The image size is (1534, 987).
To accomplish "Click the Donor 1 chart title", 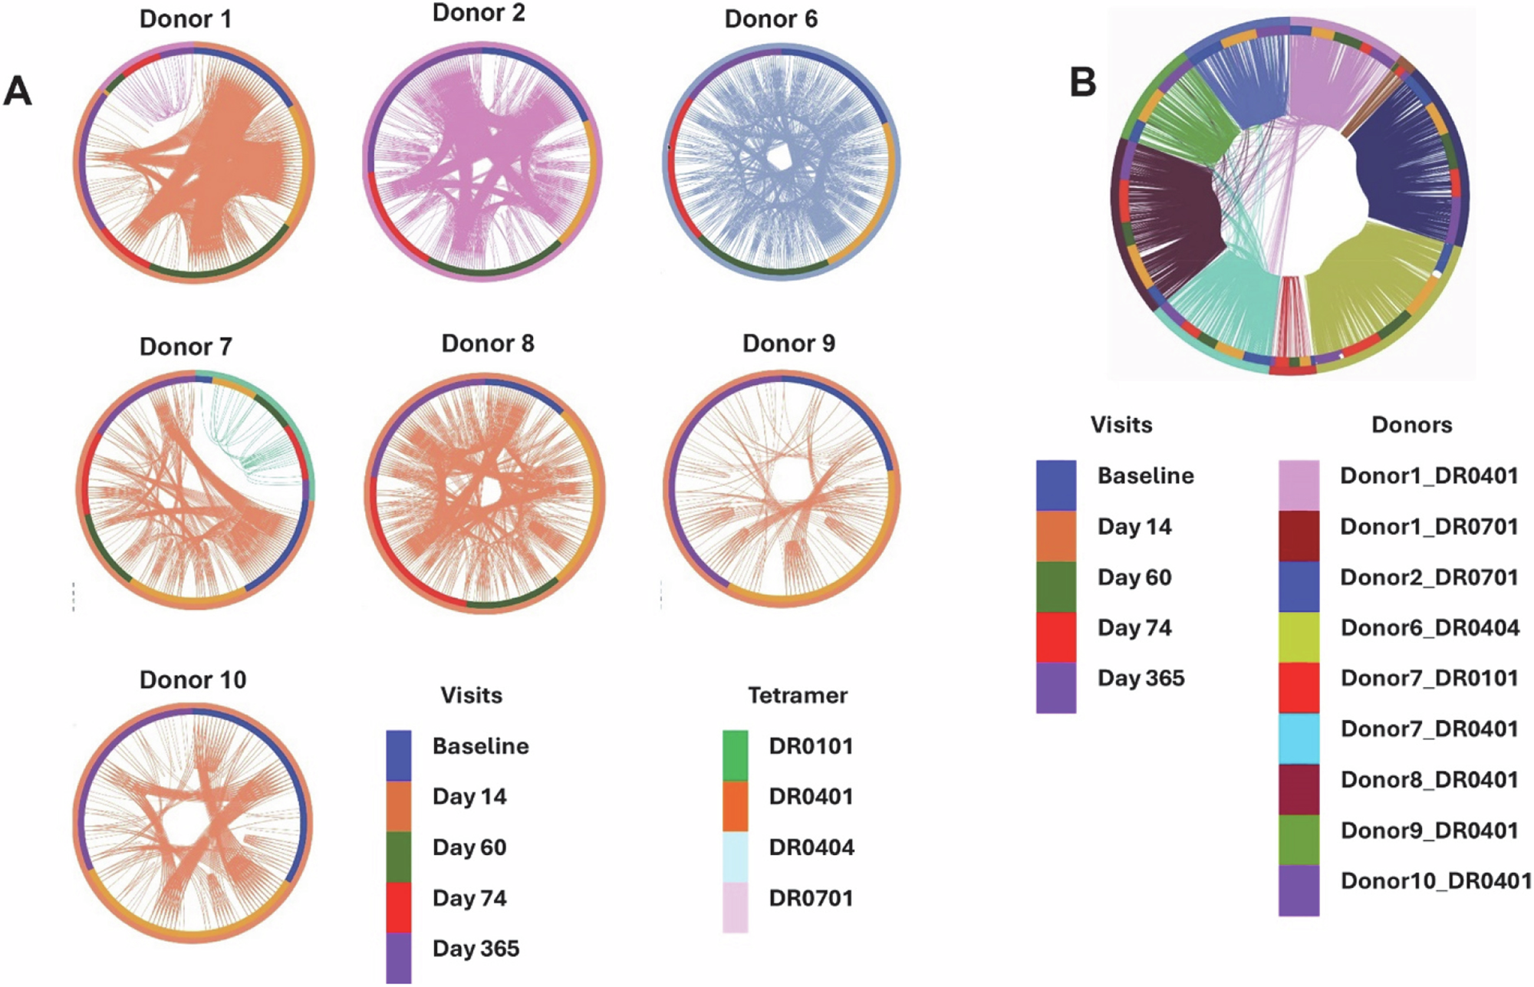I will click(x=185, y=19).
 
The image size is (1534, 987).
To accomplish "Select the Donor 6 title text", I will click(x=771, y=19).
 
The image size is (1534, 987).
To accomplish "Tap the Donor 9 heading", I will click(x=788, y=343).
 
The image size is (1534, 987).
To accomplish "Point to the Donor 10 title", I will click(x=193, y=679).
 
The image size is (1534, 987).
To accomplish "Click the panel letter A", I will click(x=18, y=92).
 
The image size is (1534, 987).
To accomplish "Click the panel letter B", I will click(x=1082, y=82).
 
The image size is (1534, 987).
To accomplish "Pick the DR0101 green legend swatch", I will click(x=735, y=755).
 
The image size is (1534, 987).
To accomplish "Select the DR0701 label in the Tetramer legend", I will click(x=811, y=897).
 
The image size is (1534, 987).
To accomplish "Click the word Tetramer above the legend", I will click(x=797, y=696).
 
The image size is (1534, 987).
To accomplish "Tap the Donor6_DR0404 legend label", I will click(x=1430, y=628).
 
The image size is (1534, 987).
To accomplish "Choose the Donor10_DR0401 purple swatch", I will click(x=1299, y=890).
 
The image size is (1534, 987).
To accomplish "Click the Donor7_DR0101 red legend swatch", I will click(x=1299, y=688).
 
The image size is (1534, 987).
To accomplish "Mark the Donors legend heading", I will click(x=1411, y=425).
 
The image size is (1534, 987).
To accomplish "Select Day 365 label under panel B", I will click(x=1141, y=678).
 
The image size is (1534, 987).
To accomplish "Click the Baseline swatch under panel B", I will click(x=1055, y=485).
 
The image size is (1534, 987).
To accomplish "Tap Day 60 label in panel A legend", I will click(x=469, y=847).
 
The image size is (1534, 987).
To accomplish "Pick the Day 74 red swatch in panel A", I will click(x=398, y=907).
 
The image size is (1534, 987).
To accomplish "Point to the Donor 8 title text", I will click(x=487, y=343).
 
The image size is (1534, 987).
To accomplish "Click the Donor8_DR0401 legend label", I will click(x=1429, y=779).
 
